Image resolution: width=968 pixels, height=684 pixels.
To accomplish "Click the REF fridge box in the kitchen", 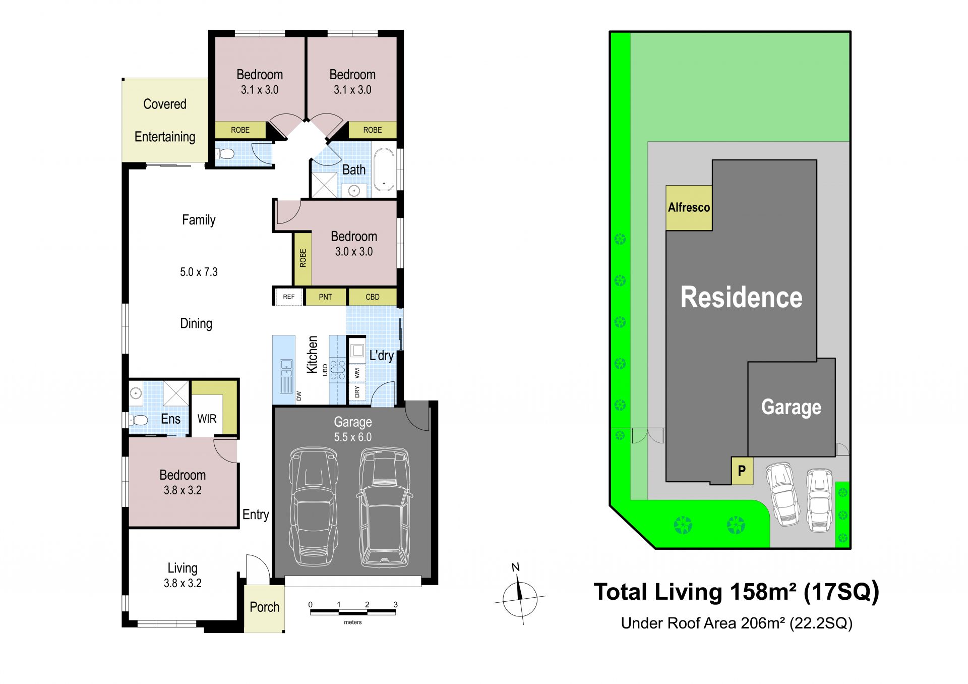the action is click(289, 297).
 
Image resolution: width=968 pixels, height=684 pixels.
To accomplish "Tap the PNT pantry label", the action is click(325, 297).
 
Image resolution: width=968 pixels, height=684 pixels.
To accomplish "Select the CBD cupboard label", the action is click(373, 297).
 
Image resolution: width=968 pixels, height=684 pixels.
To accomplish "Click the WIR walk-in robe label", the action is click(207, 419).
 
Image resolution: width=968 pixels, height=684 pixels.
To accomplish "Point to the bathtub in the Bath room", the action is click(384, 169).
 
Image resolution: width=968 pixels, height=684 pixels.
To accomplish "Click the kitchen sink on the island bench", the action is click(286, 376).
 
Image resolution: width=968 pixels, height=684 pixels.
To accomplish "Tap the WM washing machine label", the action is click(357, 373).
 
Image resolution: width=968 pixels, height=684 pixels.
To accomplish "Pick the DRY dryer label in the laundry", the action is click(357, 391).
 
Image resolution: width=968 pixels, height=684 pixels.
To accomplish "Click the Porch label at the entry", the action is click(264, 607).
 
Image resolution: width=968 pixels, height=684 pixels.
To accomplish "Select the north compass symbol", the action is click(519, 596).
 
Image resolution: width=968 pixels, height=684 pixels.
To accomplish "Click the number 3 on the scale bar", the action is click(396, 604).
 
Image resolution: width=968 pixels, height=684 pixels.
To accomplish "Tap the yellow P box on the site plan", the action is click(742, 471).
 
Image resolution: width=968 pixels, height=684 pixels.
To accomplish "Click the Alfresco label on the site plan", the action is click(689, 207).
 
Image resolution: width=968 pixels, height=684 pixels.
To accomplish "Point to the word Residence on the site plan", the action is click(741, 297).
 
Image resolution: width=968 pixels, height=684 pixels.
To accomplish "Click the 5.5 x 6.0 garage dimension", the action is click(353, 437).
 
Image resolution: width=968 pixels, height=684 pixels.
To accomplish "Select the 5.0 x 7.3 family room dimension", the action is click(199, 272).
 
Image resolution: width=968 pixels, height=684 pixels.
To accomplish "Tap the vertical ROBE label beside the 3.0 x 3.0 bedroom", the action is click(303, 258).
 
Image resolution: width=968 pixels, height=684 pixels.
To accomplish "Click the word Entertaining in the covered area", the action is click(165, 137).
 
